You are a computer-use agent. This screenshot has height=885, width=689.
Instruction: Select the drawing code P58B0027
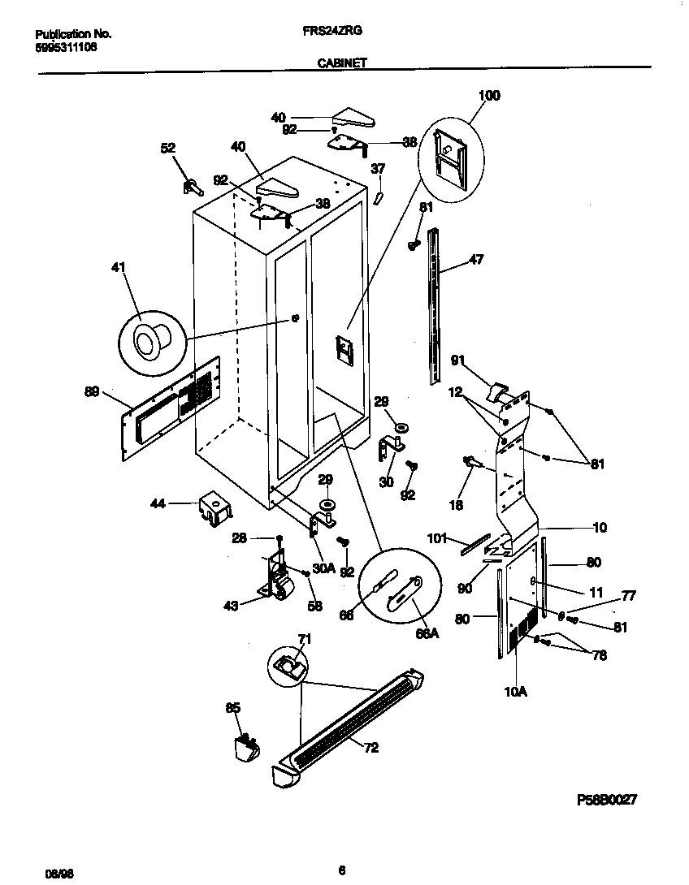coord(605,799)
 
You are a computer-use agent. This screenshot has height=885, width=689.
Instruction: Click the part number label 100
coord(489,96)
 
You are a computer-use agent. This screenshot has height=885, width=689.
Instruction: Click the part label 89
coord(92,392)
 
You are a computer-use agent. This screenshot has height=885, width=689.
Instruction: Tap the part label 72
coord(370,748)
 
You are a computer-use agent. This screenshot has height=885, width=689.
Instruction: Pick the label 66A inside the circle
coord(427,634)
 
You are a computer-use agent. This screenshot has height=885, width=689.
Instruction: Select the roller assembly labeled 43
coord(279,581)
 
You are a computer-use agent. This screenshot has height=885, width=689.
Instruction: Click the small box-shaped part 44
coord(214,509)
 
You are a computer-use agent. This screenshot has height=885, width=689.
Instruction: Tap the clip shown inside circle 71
coord(288,666)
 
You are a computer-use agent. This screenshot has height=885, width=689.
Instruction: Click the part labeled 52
coord(193,186)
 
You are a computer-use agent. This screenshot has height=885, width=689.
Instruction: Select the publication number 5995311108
coord(66,47)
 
